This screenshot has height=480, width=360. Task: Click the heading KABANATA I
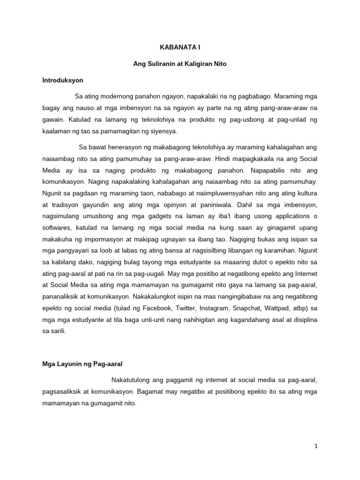click(x=180, y=47)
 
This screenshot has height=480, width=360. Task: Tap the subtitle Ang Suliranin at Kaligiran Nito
click(x=180, y=64)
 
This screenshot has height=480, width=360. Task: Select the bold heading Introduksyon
click(x=62, y=80)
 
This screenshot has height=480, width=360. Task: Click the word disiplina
click(x=306, y=320)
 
